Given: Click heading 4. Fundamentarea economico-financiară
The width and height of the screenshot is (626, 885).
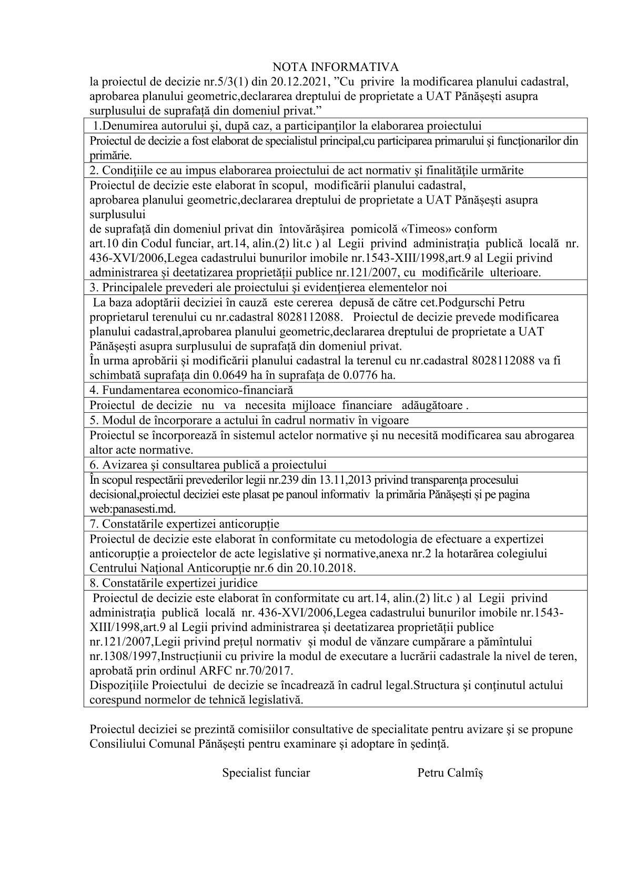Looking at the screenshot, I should pos(191,390).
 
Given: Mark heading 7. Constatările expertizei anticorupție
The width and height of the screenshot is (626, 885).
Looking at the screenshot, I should pos(184,524).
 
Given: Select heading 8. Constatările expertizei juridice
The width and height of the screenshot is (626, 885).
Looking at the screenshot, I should pos(173,583).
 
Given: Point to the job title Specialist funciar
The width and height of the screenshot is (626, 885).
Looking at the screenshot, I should pos(266,773).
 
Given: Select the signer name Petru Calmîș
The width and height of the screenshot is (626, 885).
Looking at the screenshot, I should pos(450,773).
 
